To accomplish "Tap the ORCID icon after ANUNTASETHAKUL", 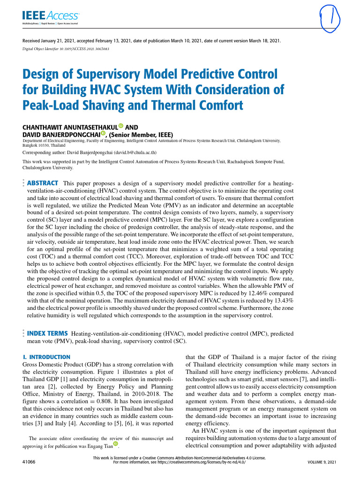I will point(121,126).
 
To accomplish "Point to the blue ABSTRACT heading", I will point(43,183).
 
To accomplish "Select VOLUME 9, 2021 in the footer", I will point(322,462).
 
